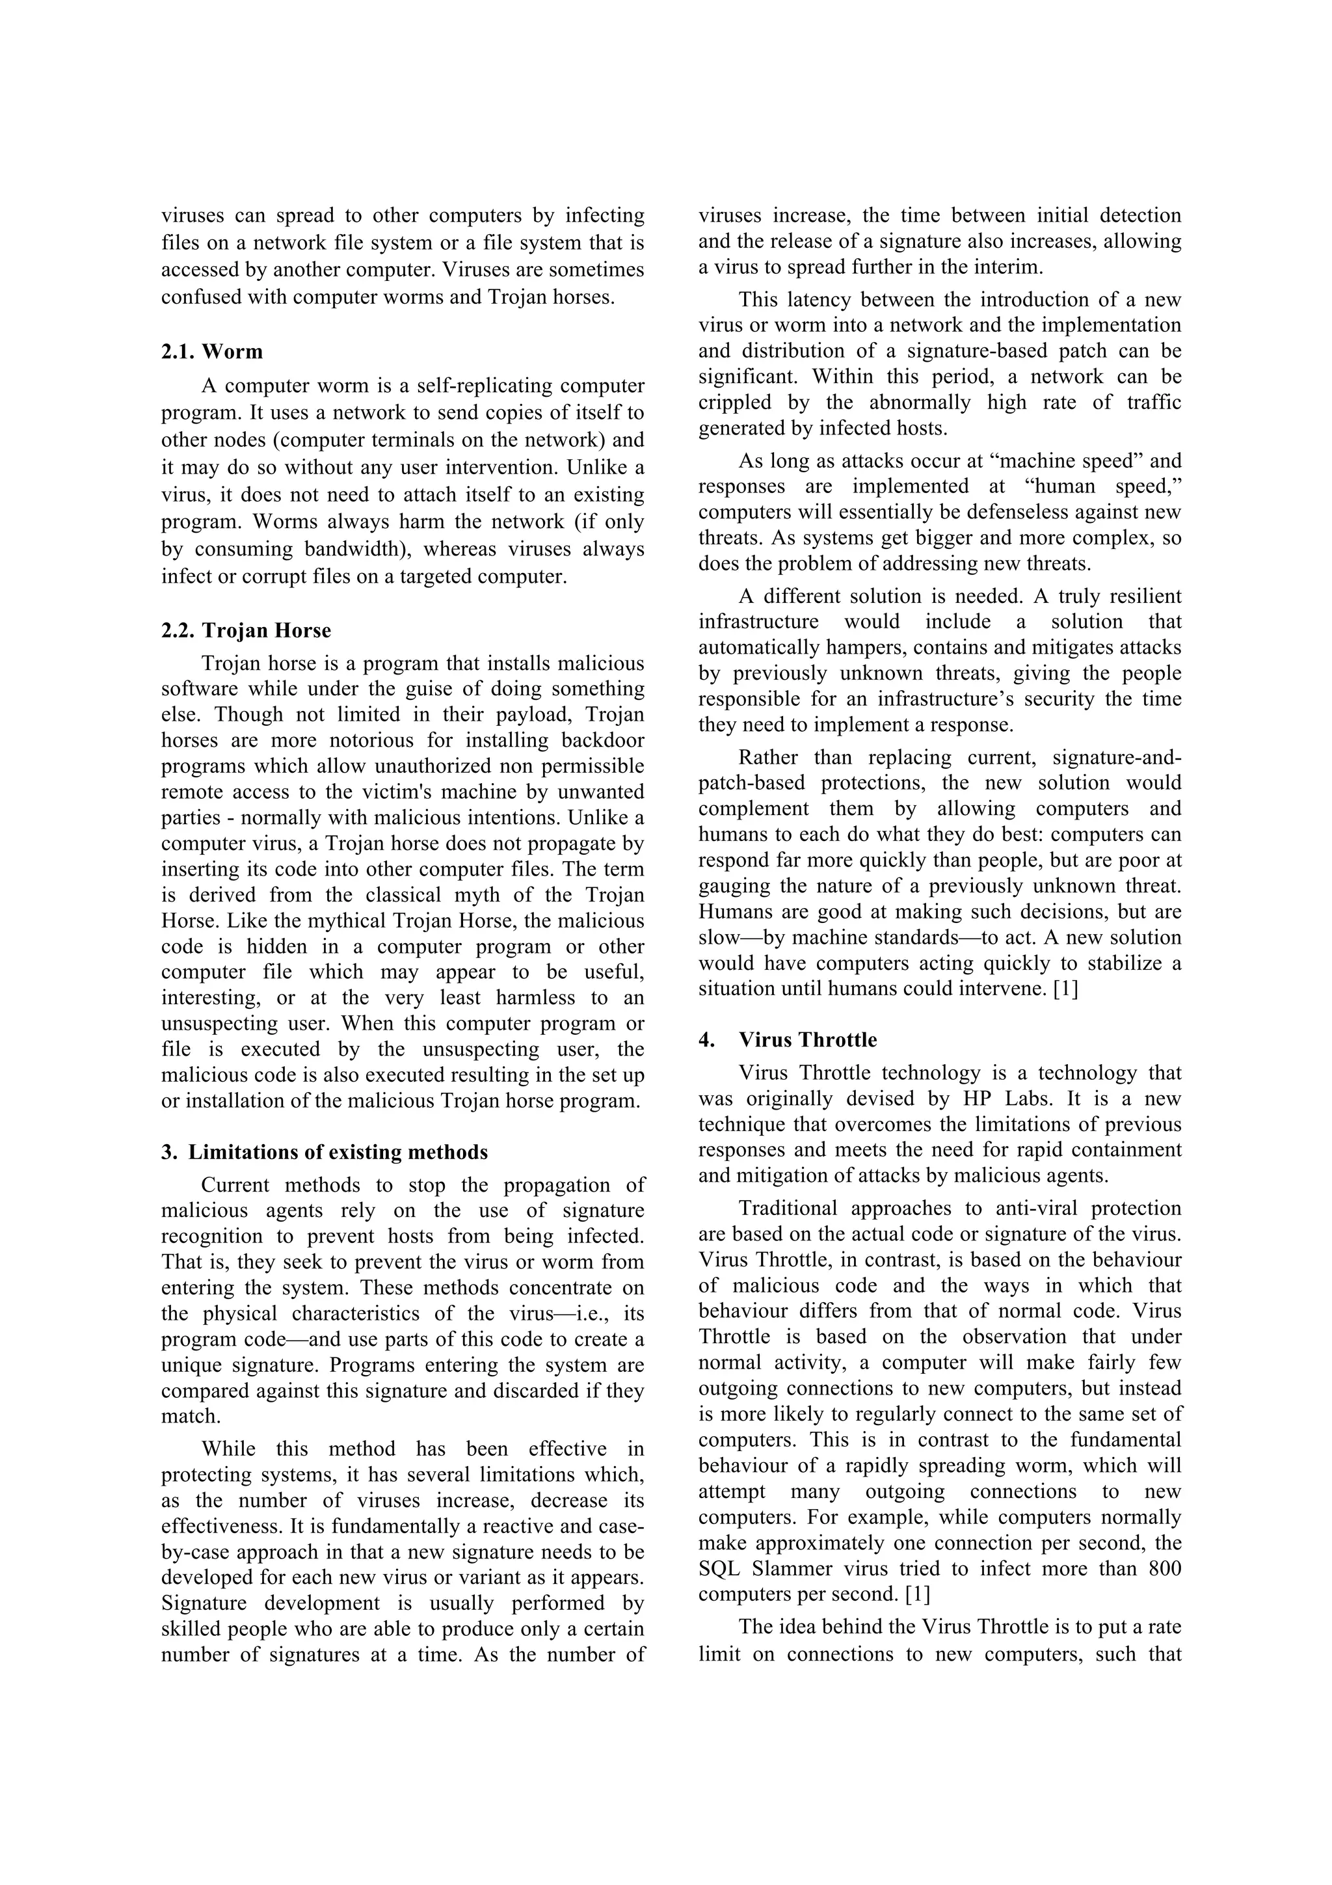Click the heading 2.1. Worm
212,351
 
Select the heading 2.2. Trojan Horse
245,630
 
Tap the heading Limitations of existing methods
338,1152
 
